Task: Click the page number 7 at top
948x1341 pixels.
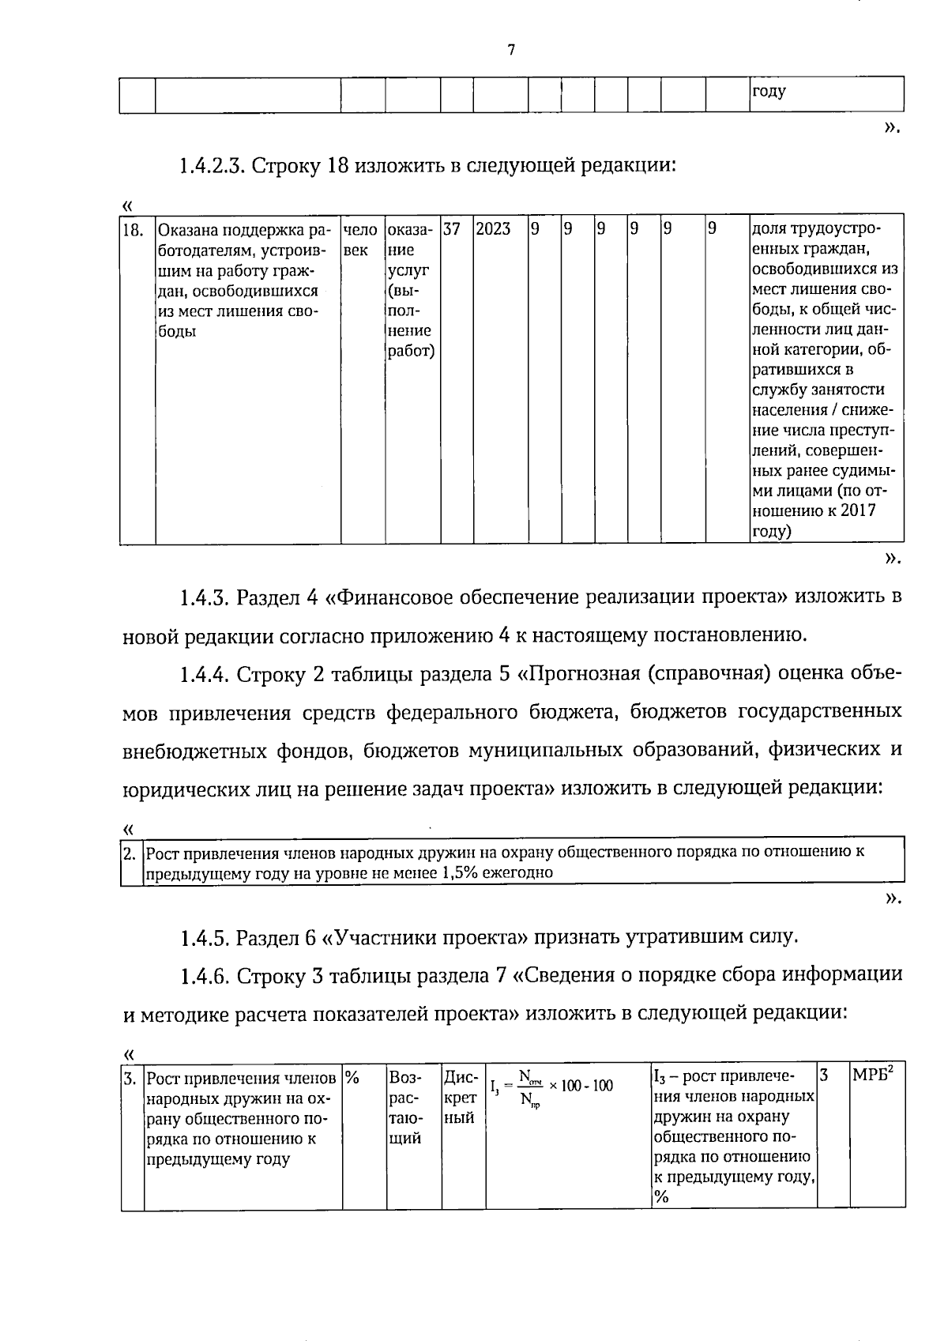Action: [x=510, y=51]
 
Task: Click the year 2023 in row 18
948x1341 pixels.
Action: [x=494, y=230]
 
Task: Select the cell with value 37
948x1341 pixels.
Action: [x=451, y=230]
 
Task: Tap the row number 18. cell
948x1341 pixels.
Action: [x=133, y=231]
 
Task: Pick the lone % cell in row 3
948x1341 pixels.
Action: [x=352, y=1077]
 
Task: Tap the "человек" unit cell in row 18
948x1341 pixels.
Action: [x=361, y=240]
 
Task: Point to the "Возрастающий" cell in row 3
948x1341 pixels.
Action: [x=406, y=1108]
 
